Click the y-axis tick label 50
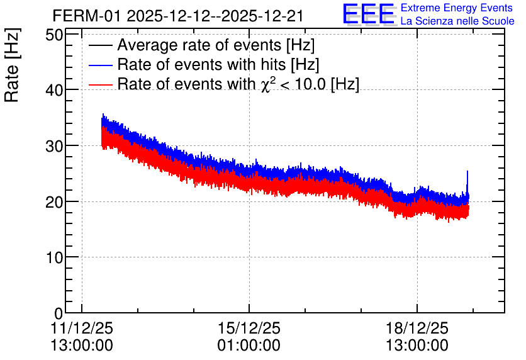pos(54,35)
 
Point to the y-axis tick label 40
pos(54,90)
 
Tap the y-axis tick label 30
pos(54,146)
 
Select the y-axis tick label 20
pos(54,202)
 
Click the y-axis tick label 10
pos(54,257)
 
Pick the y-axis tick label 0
pos(59,313)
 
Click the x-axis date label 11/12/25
pos(82,328)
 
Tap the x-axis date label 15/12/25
pos(249,328)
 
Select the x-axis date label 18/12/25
pos(417,328)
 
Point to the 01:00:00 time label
pos(249,346)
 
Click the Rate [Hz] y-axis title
pos(12,65)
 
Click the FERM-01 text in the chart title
pos(87,16)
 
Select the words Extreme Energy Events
pos(457,8)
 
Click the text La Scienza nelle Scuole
pos(457,21)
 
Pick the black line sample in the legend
pos(100,45)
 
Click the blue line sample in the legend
pos(100,65)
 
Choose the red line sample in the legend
pos(100,84)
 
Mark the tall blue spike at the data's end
pos(467,183)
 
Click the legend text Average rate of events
pos(199,45)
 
